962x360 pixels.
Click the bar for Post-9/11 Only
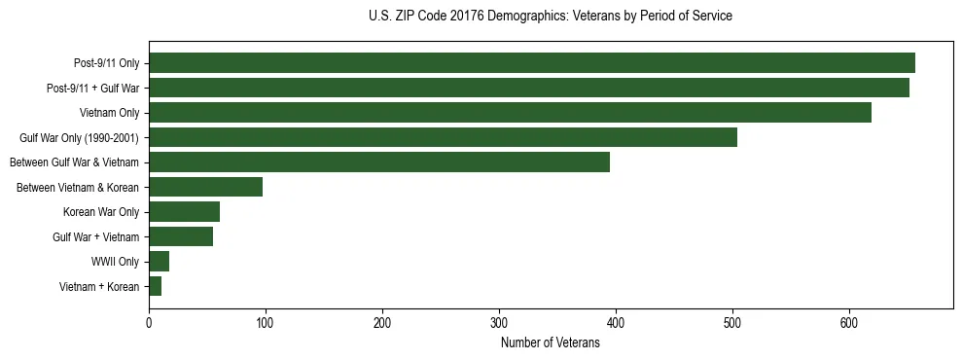[532, 63]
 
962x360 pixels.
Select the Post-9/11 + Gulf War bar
[529, 88]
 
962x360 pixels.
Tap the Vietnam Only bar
[510, 113]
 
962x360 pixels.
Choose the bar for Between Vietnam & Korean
[205, 187]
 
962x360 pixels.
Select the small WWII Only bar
[159, 261]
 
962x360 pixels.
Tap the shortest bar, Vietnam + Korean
[155, 286]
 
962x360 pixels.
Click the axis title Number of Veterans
[550, 342]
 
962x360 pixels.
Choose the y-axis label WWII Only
[115, 262]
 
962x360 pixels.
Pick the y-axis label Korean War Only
[101, 212]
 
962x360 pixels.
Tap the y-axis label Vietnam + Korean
[98, 286]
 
